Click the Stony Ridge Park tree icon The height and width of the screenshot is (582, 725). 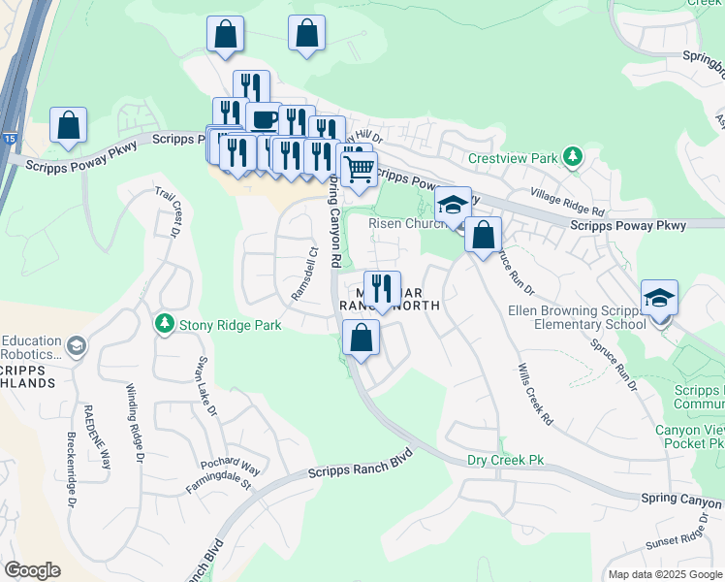click(x=165, y=323)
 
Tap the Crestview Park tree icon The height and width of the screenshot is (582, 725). click(x=574, y=156)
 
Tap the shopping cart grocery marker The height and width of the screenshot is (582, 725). click(x=360, y=168)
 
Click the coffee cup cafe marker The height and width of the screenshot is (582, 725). click(x=263, y=118)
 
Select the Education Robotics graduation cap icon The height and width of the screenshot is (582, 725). click(x=75, y=346)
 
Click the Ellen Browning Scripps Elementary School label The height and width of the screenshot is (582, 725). click(x=576, y=317)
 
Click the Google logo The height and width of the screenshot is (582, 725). click(x=32, y=570)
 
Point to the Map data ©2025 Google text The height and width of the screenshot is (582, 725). click(x=664, y=574)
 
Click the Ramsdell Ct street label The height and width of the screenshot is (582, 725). click(x=305, y=275)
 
